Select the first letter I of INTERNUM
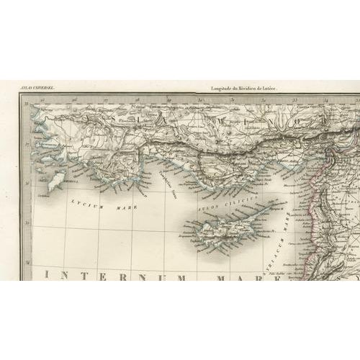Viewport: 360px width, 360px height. pyautogui.click(x=49, y=276)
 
